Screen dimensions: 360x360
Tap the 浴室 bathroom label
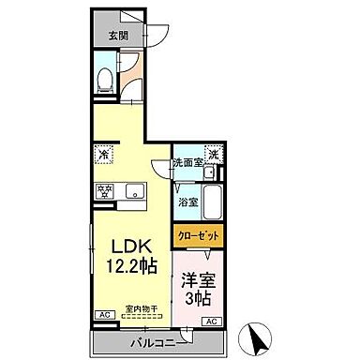187,202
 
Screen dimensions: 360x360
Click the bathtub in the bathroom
212,199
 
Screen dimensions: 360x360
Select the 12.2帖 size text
128,267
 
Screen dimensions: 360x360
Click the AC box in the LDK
97,315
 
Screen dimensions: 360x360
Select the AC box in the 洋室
212,322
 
